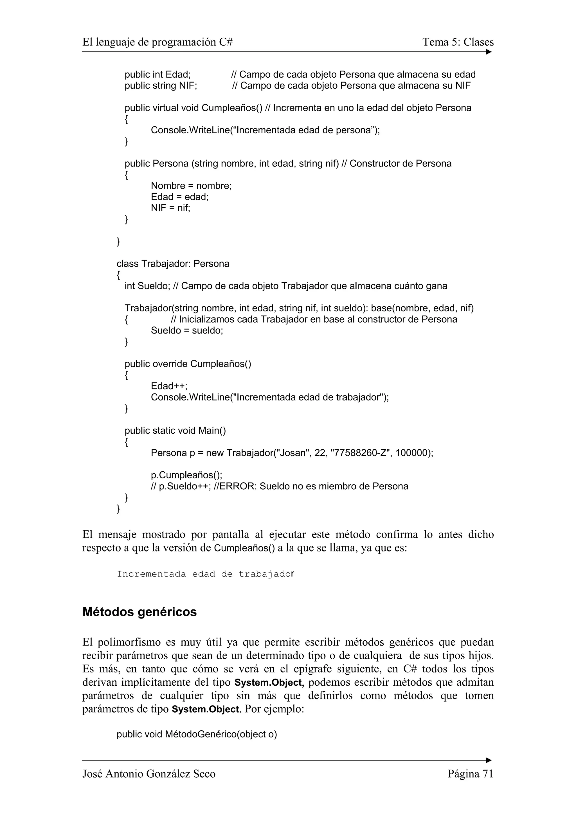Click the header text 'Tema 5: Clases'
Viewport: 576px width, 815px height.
(458, 42)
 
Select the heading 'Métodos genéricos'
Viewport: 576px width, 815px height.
(139, 612)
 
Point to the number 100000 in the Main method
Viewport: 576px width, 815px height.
(411, 453)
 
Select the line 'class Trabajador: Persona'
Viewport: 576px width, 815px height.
(173, 264)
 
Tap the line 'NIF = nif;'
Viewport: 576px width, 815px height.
(170, 208)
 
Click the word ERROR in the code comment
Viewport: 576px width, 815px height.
(237, 486)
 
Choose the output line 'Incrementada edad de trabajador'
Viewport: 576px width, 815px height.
(206, 574)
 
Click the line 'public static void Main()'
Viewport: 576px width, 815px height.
(175, 431)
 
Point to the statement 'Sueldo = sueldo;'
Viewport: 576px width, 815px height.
(187, 330)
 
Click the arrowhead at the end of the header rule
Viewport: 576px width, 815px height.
(489, 52)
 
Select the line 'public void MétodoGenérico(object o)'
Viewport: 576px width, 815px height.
(197, 734)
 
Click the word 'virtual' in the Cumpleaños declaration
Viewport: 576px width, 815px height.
(165, 108)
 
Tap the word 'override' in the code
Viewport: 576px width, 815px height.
(170, 364)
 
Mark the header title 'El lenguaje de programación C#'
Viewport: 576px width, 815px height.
(157, 42)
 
